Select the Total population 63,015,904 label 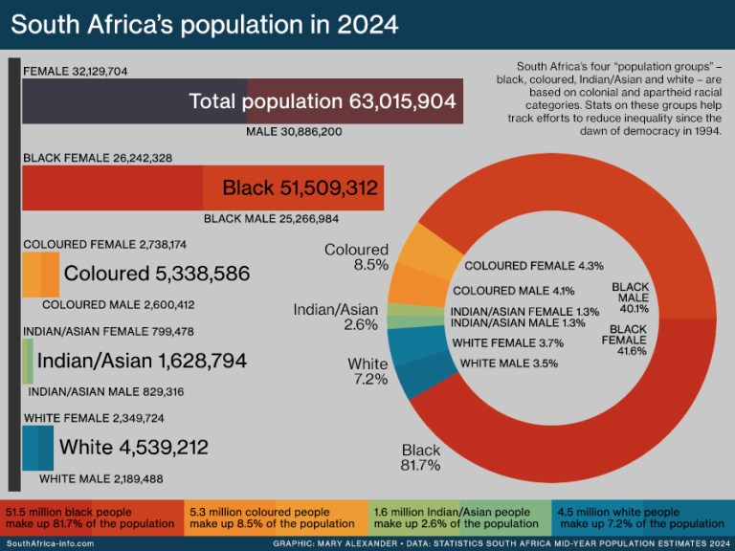[322, 101]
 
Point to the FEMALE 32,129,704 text [75, 72]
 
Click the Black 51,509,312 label [300, 187]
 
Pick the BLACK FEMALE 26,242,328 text [97, 158]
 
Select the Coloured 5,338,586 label [156, 275]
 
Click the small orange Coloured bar [40, 275]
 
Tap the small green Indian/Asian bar [28, 362]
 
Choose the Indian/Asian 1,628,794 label [142, 362]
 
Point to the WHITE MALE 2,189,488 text [101, 478]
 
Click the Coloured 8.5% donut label [356, 257]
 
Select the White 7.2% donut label [367, 371]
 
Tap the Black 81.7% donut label [420, 457]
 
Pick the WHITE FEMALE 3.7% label [507, 342]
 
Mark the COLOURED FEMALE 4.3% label [533, 266]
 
